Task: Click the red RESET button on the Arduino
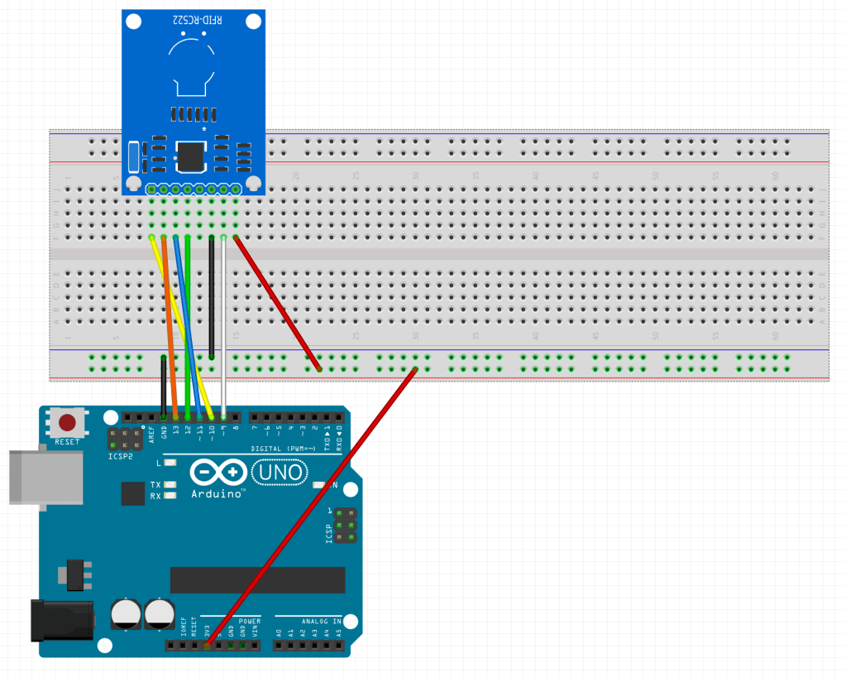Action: [x=67, y=422]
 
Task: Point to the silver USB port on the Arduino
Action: [x=45, y=476]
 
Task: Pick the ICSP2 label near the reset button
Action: [x=120, y=456]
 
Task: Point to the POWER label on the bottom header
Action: [x=250, y=621]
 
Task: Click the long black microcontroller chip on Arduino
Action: [x=257, y=580]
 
